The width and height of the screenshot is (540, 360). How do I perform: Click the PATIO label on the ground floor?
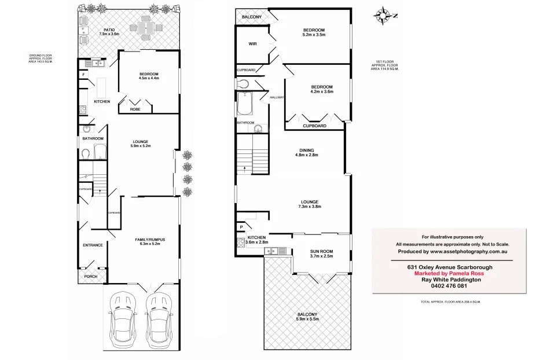click(x=109, y=29)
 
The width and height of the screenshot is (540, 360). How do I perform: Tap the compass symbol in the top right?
click(x=383, y=14)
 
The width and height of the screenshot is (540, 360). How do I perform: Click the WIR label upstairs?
click(x=252, y=44)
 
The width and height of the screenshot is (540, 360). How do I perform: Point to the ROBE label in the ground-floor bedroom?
click(x=135, y=109)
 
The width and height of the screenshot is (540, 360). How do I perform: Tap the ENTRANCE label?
click(x=93, y=245)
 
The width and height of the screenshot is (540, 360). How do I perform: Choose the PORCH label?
click(x=91, y=276)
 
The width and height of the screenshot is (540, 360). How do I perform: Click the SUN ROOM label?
click(x=322, y=251)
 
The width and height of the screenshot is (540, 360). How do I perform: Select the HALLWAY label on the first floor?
click(x=277, y=97)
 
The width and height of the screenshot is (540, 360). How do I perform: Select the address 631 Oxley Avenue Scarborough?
click(x=449, y=267)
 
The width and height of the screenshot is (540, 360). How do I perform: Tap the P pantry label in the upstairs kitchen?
click(x=241, y=227)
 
